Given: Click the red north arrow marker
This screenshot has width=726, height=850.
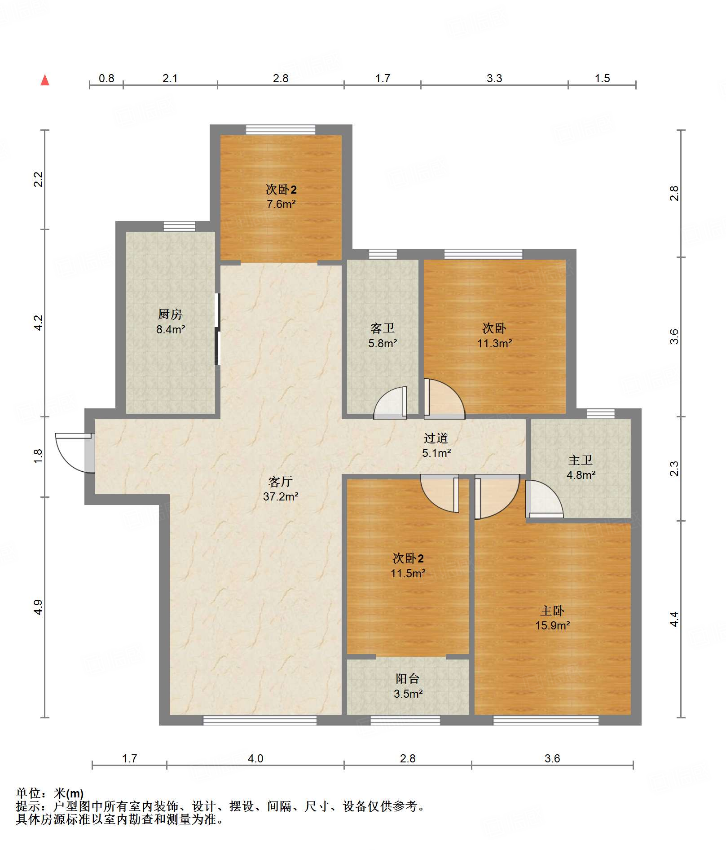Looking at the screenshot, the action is tap(45, 80).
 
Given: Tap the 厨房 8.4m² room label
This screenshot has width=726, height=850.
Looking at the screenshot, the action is tap(170, 322).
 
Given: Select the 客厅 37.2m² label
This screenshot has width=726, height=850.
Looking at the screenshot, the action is tap(281, 489).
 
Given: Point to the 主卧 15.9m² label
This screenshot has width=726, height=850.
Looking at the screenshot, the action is tap(552, 618).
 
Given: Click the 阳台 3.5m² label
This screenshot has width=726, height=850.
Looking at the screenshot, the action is tap(408, 686).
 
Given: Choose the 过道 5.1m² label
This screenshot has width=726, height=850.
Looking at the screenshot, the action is tap(436, 445).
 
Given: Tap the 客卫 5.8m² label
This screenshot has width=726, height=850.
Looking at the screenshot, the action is tap(383, 336).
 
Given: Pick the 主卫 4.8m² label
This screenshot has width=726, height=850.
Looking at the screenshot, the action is tap(581, 467).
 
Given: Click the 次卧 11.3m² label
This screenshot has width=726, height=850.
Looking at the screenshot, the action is tap(494, 336).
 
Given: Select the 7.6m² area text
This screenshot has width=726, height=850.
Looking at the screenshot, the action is tap(281, 204).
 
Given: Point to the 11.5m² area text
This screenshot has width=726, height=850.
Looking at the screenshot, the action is tap(408, 573).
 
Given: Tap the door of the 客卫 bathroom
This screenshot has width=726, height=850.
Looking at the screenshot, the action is tap(390, 403).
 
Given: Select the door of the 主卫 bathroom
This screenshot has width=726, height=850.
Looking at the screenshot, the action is tap(544, 499).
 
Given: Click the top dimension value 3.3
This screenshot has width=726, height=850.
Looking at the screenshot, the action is tap(494, 78).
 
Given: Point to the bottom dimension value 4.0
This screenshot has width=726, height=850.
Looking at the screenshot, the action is tap(255, 758).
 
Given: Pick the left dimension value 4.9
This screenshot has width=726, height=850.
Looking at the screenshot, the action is tap(38, 607).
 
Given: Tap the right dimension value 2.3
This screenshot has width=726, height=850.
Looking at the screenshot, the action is tap(674, 469).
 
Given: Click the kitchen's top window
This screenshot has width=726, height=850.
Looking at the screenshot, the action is tap(179, 226).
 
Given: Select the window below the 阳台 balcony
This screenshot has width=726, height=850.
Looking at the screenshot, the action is tap(405, 721).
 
